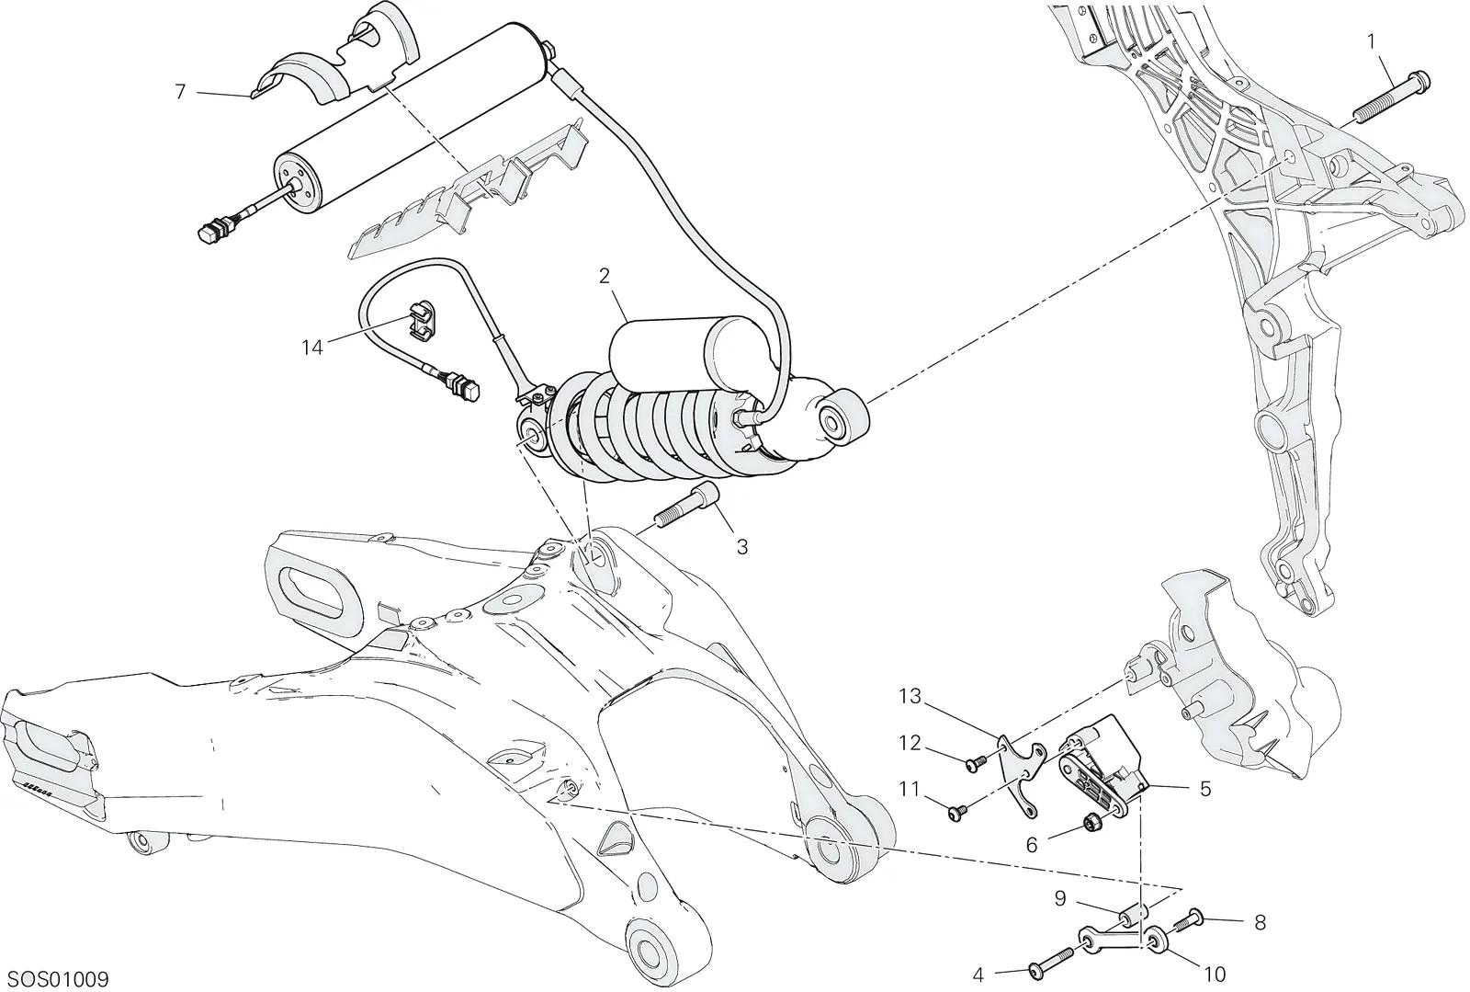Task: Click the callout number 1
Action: [x=1371, y=41]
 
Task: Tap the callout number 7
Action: [x=181, y=92]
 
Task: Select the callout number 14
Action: [x=312, y=348]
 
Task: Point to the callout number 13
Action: [x=910, y=696]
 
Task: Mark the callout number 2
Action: [x=605, y=276]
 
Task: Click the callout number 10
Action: [x=1216, y=975]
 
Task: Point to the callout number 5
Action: [x=1205, y=789]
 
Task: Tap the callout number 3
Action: [x=742, y=547]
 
